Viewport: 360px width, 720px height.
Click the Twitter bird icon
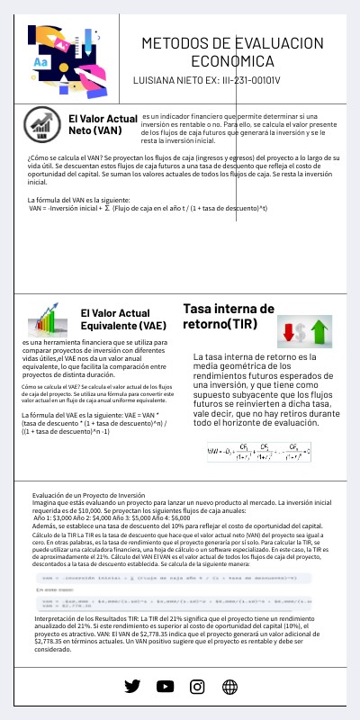pos(132,686)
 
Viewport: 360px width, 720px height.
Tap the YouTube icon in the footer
pos(165,686)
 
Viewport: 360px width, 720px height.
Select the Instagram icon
pos(197,686)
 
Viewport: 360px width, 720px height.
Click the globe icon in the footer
pos(229,686)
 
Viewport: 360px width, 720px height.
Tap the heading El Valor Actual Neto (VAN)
pos(102,124)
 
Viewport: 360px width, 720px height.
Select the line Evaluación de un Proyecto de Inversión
pos(88,495)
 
